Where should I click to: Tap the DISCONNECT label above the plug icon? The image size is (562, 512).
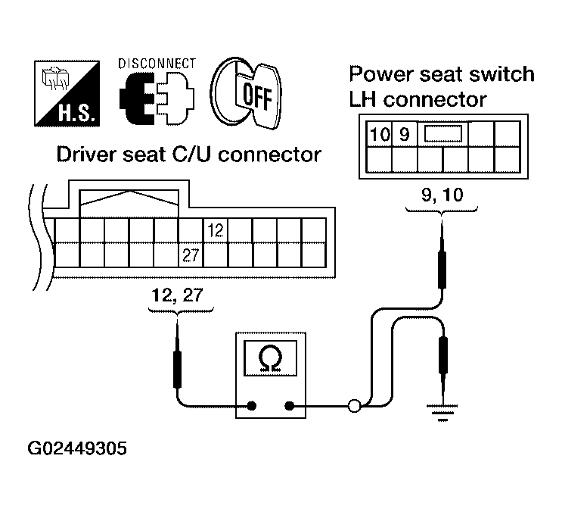(x=157, y=64)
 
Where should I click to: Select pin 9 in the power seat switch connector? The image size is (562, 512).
(x=404, y=135)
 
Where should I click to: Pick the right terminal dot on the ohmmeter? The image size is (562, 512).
(x=289, y=405)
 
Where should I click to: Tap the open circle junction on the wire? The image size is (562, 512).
(x=353, y=406)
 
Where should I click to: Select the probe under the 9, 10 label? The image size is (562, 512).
(x=442, y=265)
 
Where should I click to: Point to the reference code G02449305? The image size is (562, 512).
(x=77, y=449)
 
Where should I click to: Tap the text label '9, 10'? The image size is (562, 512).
(x=442, y=194)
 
